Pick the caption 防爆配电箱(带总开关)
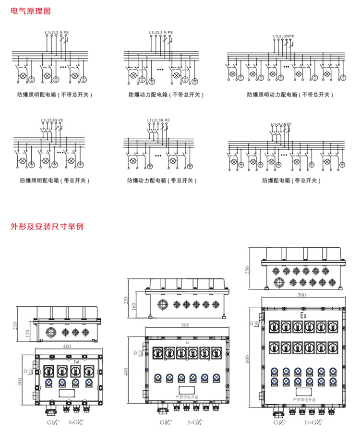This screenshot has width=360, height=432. coord(291,180)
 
